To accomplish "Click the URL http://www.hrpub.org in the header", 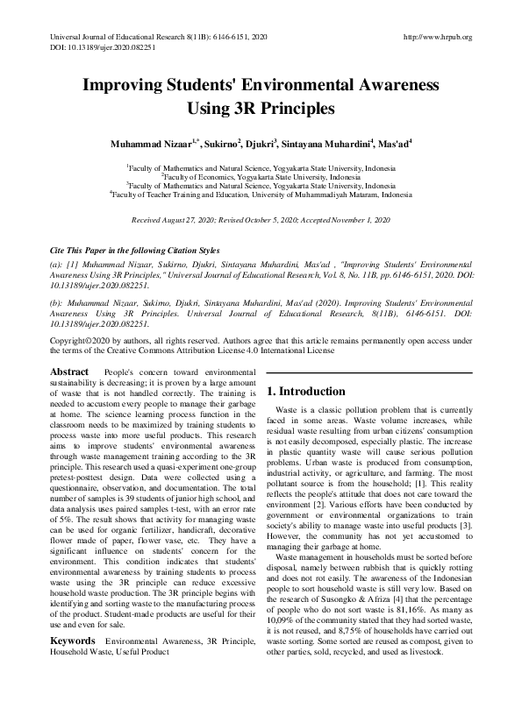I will pyautogui.click(x=436, y=37).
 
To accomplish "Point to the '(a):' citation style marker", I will pyautogui.click(x=56, y=264).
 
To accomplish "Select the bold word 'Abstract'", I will pyautogui.click(x=69, y=372).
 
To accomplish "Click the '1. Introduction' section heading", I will pyautogui.click(x=306, y=392).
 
